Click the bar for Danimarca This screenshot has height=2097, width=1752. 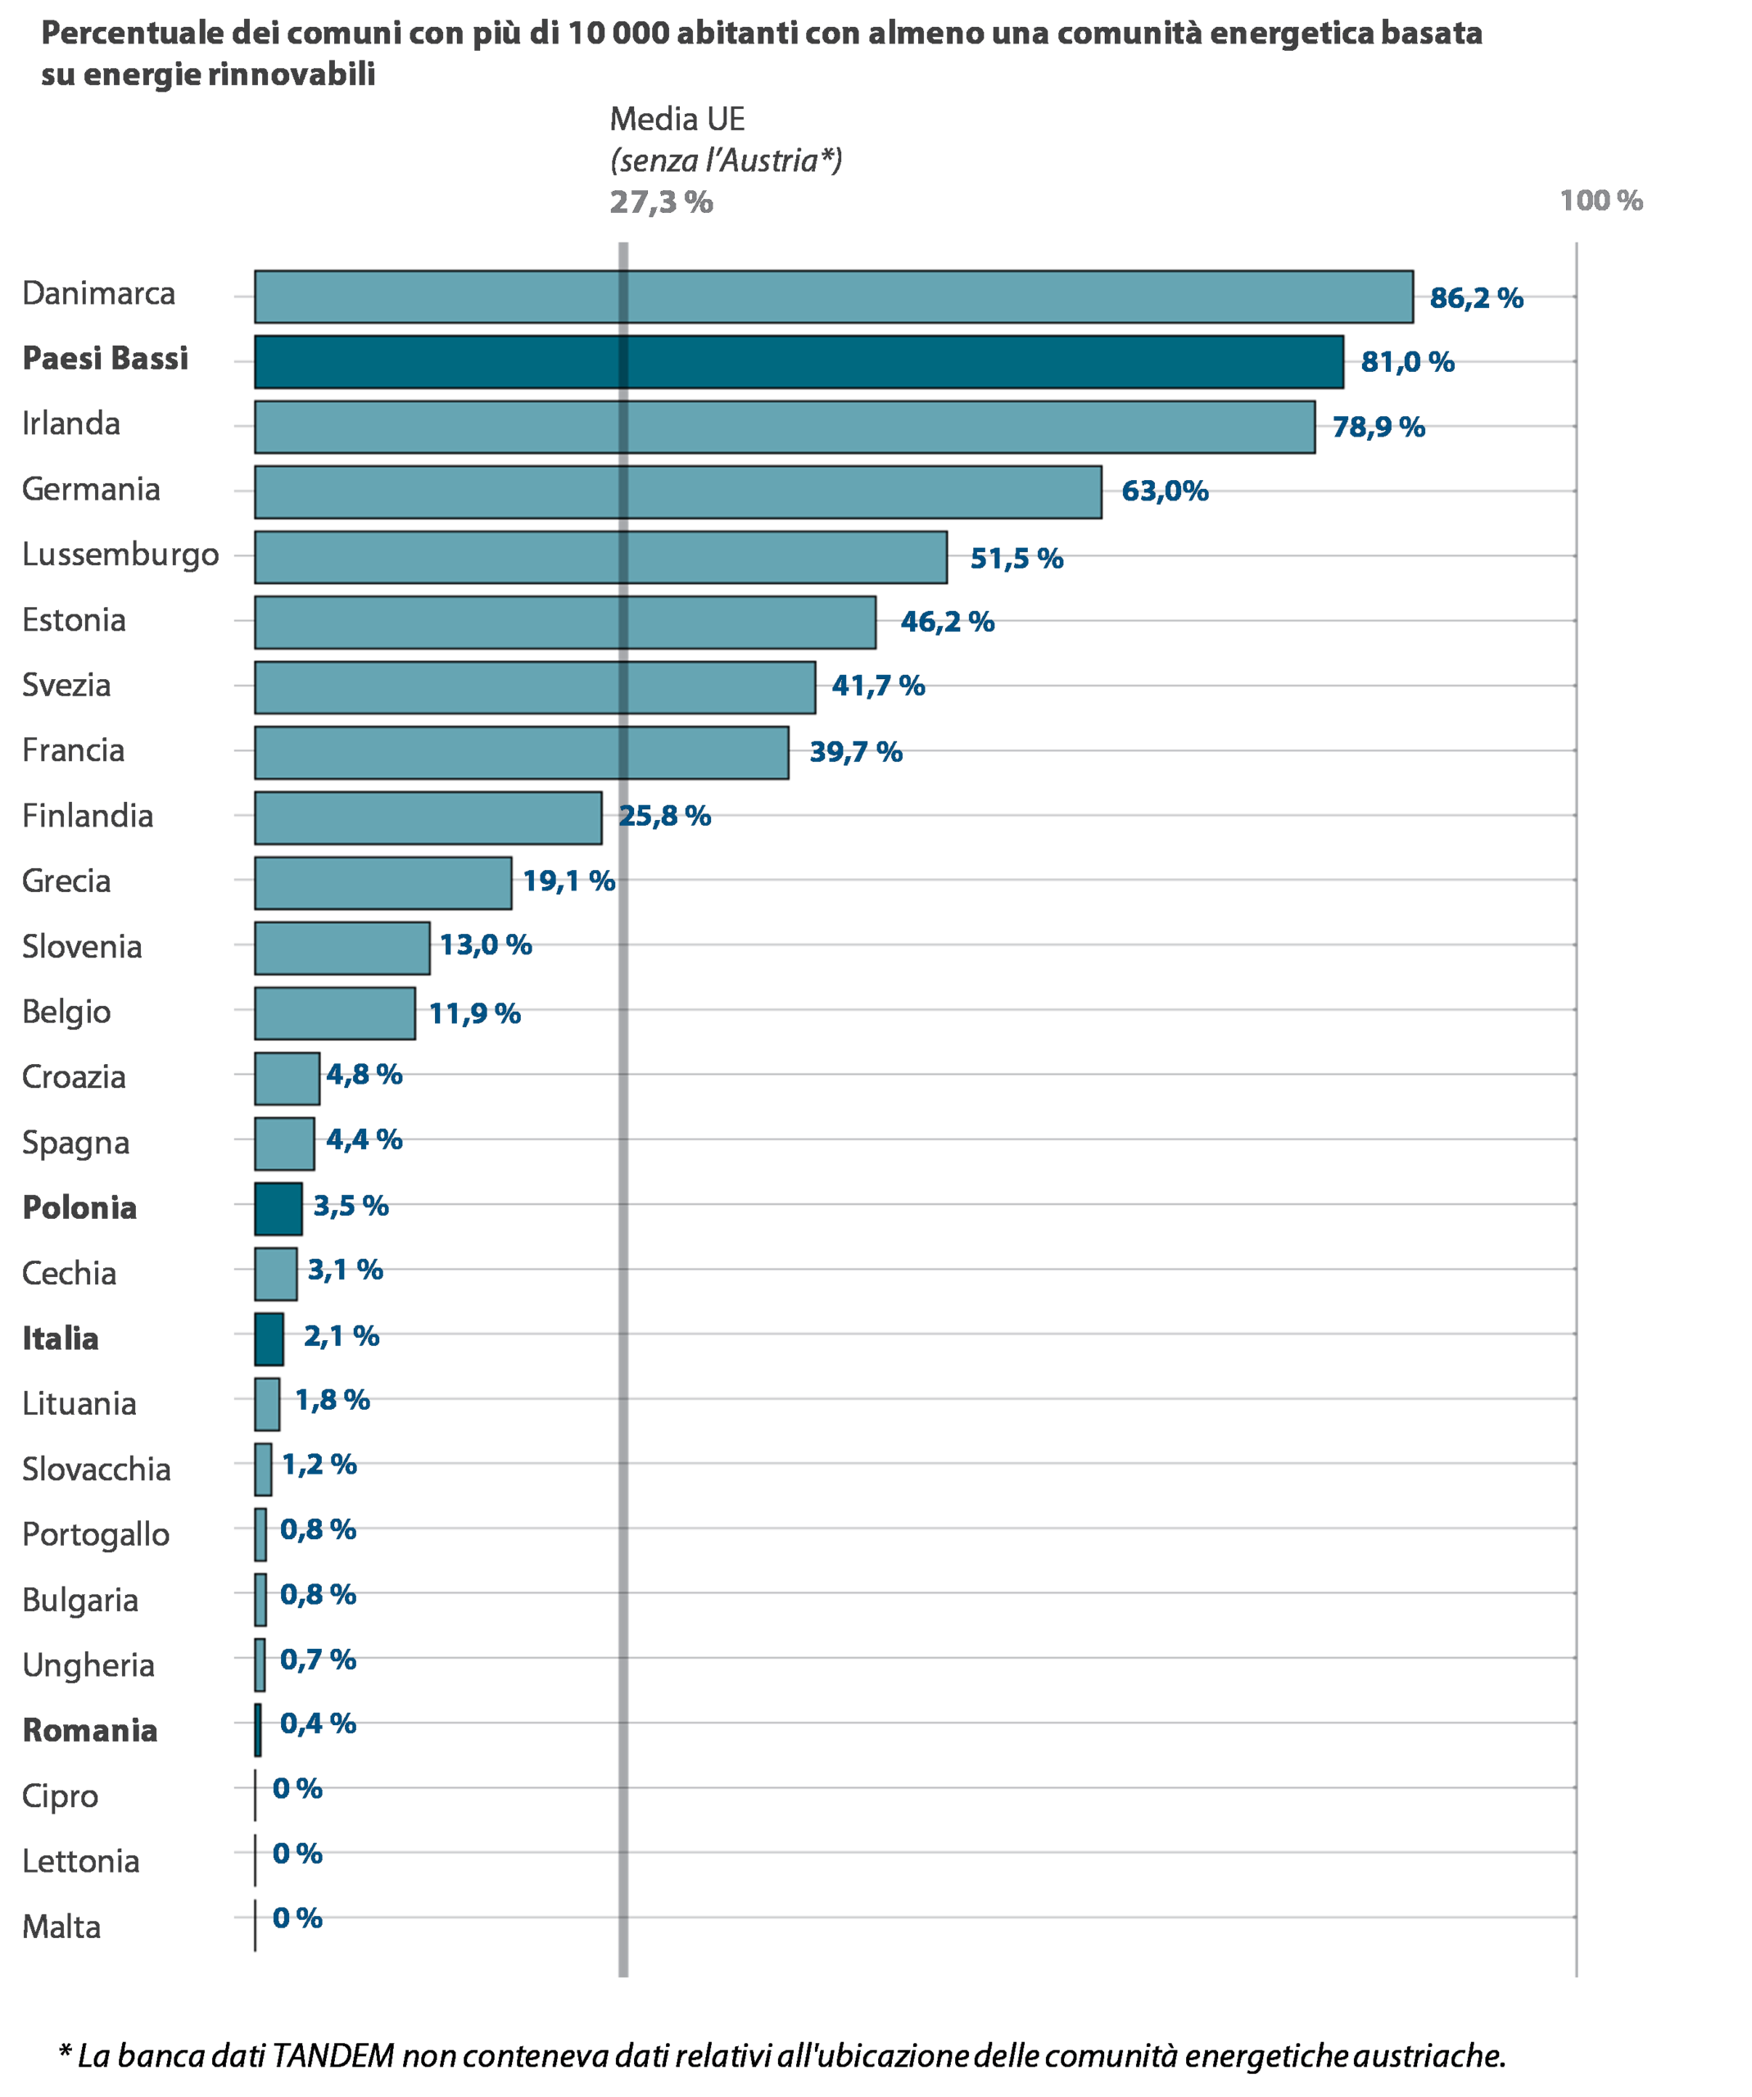(834, 297)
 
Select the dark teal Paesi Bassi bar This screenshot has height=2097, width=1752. (799, 361)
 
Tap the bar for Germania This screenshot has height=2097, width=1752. (678, 492)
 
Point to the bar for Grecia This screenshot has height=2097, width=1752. (383, 883)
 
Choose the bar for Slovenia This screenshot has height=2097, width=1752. (342, 948)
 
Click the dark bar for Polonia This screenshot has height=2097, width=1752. (278, 1208)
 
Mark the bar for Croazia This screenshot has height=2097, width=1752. (287, 1079)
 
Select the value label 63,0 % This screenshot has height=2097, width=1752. (1164, 493)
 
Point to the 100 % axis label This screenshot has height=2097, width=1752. (1600, 201)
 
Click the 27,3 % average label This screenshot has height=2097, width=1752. (661, 202)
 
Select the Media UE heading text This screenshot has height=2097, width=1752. (677, 120)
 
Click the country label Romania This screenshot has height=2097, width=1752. (91, 1729)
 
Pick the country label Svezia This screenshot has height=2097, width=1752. (66, 685)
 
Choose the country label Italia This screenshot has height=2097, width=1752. (62, 1338)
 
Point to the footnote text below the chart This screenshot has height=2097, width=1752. (779, 2055)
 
